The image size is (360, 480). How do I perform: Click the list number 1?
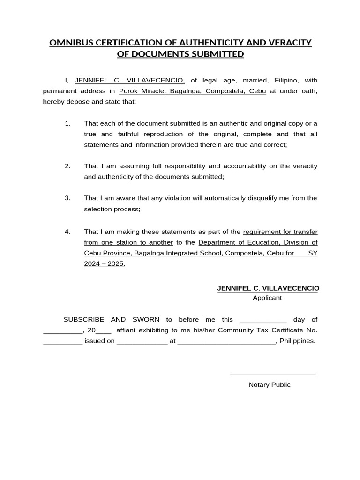(67, 123)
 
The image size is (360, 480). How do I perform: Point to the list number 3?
(67, 198)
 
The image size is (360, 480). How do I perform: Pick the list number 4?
(67, 232)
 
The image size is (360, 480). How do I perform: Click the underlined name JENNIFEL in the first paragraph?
(91, 80)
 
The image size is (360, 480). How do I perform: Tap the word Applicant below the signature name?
(267, 298)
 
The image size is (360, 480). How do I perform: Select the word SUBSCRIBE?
(84, 319)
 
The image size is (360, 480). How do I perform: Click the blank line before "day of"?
(263, 321)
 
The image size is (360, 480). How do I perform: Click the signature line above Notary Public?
(273, 375)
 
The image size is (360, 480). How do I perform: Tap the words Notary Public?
(270, 385)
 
